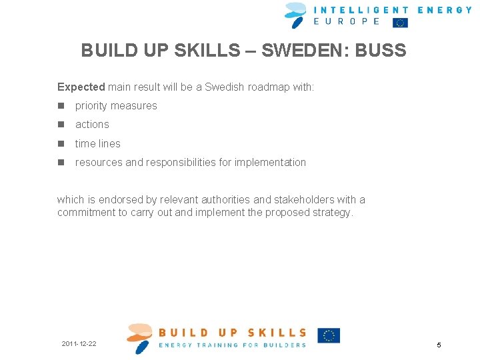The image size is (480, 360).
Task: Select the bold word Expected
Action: tap(81, 87)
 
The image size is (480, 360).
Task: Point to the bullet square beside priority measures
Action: tap(61, 106)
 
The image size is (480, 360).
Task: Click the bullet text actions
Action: tap(92, 125)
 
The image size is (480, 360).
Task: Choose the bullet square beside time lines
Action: tap(61, 143)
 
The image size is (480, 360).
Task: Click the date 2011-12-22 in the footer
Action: tap(79, 344)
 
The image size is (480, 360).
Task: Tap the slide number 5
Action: tap(439, 345)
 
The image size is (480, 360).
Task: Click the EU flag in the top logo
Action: tap(400, 23)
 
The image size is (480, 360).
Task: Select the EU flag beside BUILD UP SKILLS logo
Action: tap(329, 335)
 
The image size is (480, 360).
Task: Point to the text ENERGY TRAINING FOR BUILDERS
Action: tap(232, 345)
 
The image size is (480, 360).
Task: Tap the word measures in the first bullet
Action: tap(136, 106)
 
